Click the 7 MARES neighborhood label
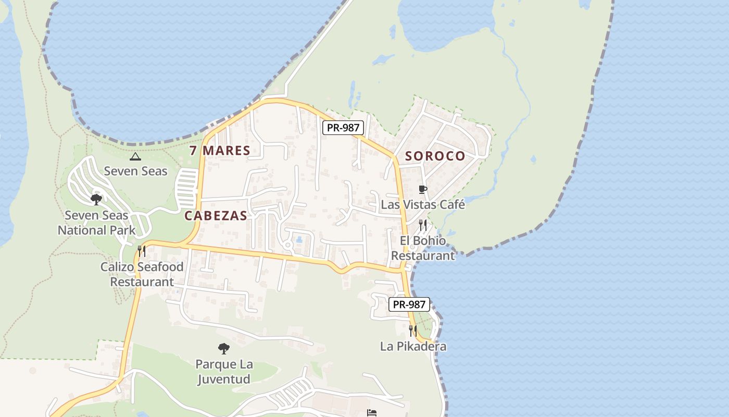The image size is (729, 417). click(220, 151)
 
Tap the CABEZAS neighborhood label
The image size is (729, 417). click(216, 216)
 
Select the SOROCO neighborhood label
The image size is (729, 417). click(435, 156)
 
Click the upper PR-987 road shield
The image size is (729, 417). click(342, 128)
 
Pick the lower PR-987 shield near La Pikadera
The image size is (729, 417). click(409, 304)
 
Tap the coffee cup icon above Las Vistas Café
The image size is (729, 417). click(423, 190)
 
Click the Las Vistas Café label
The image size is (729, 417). click(423, 204)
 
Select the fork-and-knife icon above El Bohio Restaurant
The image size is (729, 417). click(423, 225)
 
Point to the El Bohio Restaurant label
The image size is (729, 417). click(423, 248)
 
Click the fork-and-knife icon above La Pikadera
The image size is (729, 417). click(413, 331)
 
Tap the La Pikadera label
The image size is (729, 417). click(413, 346)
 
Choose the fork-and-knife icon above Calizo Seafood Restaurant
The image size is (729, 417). click(142, 251)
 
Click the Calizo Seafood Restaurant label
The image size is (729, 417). click(142, 274)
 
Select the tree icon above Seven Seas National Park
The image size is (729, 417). click(96, 199)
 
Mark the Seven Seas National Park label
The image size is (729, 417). click(96, 223)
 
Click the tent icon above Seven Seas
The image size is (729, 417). click(135, 156)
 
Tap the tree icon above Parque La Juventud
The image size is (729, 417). click(223, 348)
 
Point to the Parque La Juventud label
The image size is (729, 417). click(223, 371)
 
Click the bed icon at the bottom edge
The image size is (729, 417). click(371, 413)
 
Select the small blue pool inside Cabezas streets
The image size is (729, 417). click(299, 240)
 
